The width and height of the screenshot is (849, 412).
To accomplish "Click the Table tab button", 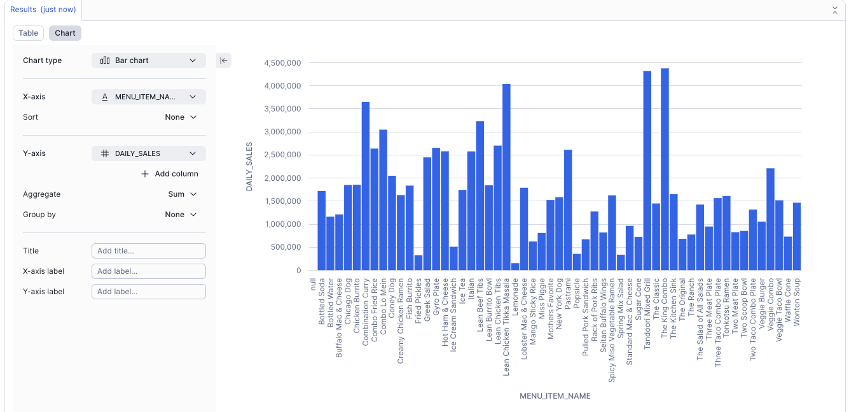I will pyautogui.click(x=28, y=33).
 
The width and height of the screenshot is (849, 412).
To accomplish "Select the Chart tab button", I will pyautogui.click(x=65, y=33).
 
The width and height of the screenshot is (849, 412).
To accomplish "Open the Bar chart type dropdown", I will pyautogui.click(x=149, y=60).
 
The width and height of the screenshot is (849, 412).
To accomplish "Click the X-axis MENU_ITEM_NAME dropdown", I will pyautogui.click(x=149, y=97).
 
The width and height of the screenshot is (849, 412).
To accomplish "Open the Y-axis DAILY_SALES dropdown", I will pyautogui.click(x=149, y=153).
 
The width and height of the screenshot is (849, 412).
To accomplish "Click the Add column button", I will pyautogui.click(x=169, y=174).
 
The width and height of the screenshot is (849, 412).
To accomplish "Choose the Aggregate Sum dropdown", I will pyautogui.click(x=182, y=194).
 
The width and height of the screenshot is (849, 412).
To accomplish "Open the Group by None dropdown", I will pyautogui.click(x=181, y=215).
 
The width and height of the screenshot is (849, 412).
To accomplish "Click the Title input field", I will pyautogui.click(x=149, y=251).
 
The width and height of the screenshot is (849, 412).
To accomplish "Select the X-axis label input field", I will pyautogui.click(x=149, y=271).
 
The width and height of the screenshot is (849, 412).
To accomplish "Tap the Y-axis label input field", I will pyautogui.click(x=149, y=292).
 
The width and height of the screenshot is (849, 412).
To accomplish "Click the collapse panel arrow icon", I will pyautogui.click(x=224, y=60).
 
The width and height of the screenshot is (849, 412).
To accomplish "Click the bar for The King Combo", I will pyautogui.click(x=665, y=172).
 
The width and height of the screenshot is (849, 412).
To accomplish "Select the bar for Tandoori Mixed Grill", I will pyautogui.click(x=647, y=172).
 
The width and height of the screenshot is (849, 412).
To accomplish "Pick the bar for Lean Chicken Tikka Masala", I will pyautogui.click(x=506, y=178).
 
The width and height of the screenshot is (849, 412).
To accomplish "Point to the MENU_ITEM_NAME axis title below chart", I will pyautogui.click(x=555, y=396).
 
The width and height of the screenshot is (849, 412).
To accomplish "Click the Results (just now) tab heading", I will pyautogui.click(x=43, y=10).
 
